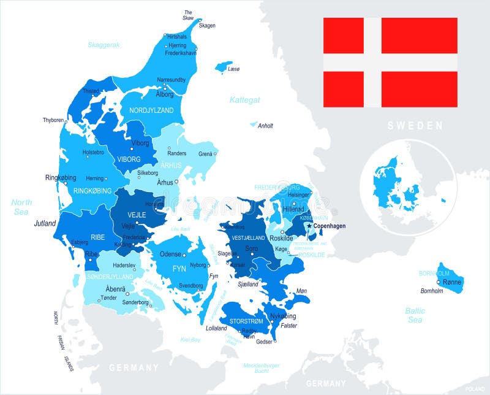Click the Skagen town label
[x=207, y=25]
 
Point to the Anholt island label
[x=265, y=126]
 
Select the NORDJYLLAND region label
[x=151, y=110]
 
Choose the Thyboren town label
[x=53, y=120]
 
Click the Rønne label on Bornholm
[x=451, y=282]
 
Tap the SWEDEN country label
[x=414, y=126]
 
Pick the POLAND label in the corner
[x=474, y=389]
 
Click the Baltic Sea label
[x=415, y=315]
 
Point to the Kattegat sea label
[x=245, y=99]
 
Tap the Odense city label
[x=170, y=254]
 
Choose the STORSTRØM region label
[x=246, y=321]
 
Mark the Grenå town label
[x=206, y=153]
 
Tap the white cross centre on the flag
[x=372, y=63]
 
